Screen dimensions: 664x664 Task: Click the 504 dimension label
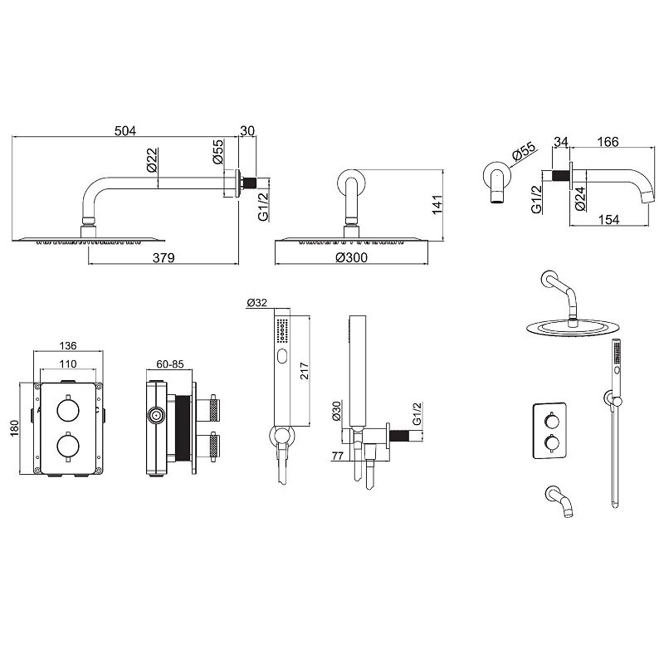pos(125,131)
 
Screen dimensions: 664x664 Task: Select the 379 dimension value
pos(164,257)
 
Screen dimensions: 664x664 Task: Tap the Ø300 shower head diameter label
pos(351,257)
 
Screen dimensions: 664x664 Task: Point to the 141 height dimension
pos(437,205)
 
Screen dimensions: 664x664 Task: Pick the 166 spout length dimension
pos(608,141)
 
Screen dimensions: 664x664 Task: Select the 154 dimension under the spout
pos(608,219)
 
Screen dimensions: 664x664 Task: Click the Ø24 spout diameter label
pos(580,198)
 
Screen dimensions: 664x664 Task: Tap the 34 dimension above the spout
pos(560,141)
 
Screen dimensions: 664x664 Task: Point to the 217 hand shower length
pos(305,370)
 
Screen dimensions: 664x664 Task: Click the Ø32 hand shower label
pos(256,302)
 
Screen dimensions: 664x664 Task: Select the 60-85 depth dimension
pos(170,364)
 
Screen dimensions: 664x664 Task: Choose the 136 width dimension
pos(68,345)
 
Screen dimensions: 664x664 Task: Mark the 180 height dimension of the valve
pos(15,428)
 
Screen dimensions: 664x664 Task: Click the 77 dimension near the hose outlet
pos(338,456)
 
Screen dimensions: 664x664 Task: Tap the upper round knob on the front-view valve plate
pos(68,409)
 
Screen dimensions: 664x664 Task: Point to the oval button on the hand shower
pos(282,357)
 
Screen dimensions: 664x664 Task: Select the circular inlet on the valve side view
pos(156,416)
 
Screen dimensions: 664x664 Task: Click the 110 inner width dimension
pos(68,364)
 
